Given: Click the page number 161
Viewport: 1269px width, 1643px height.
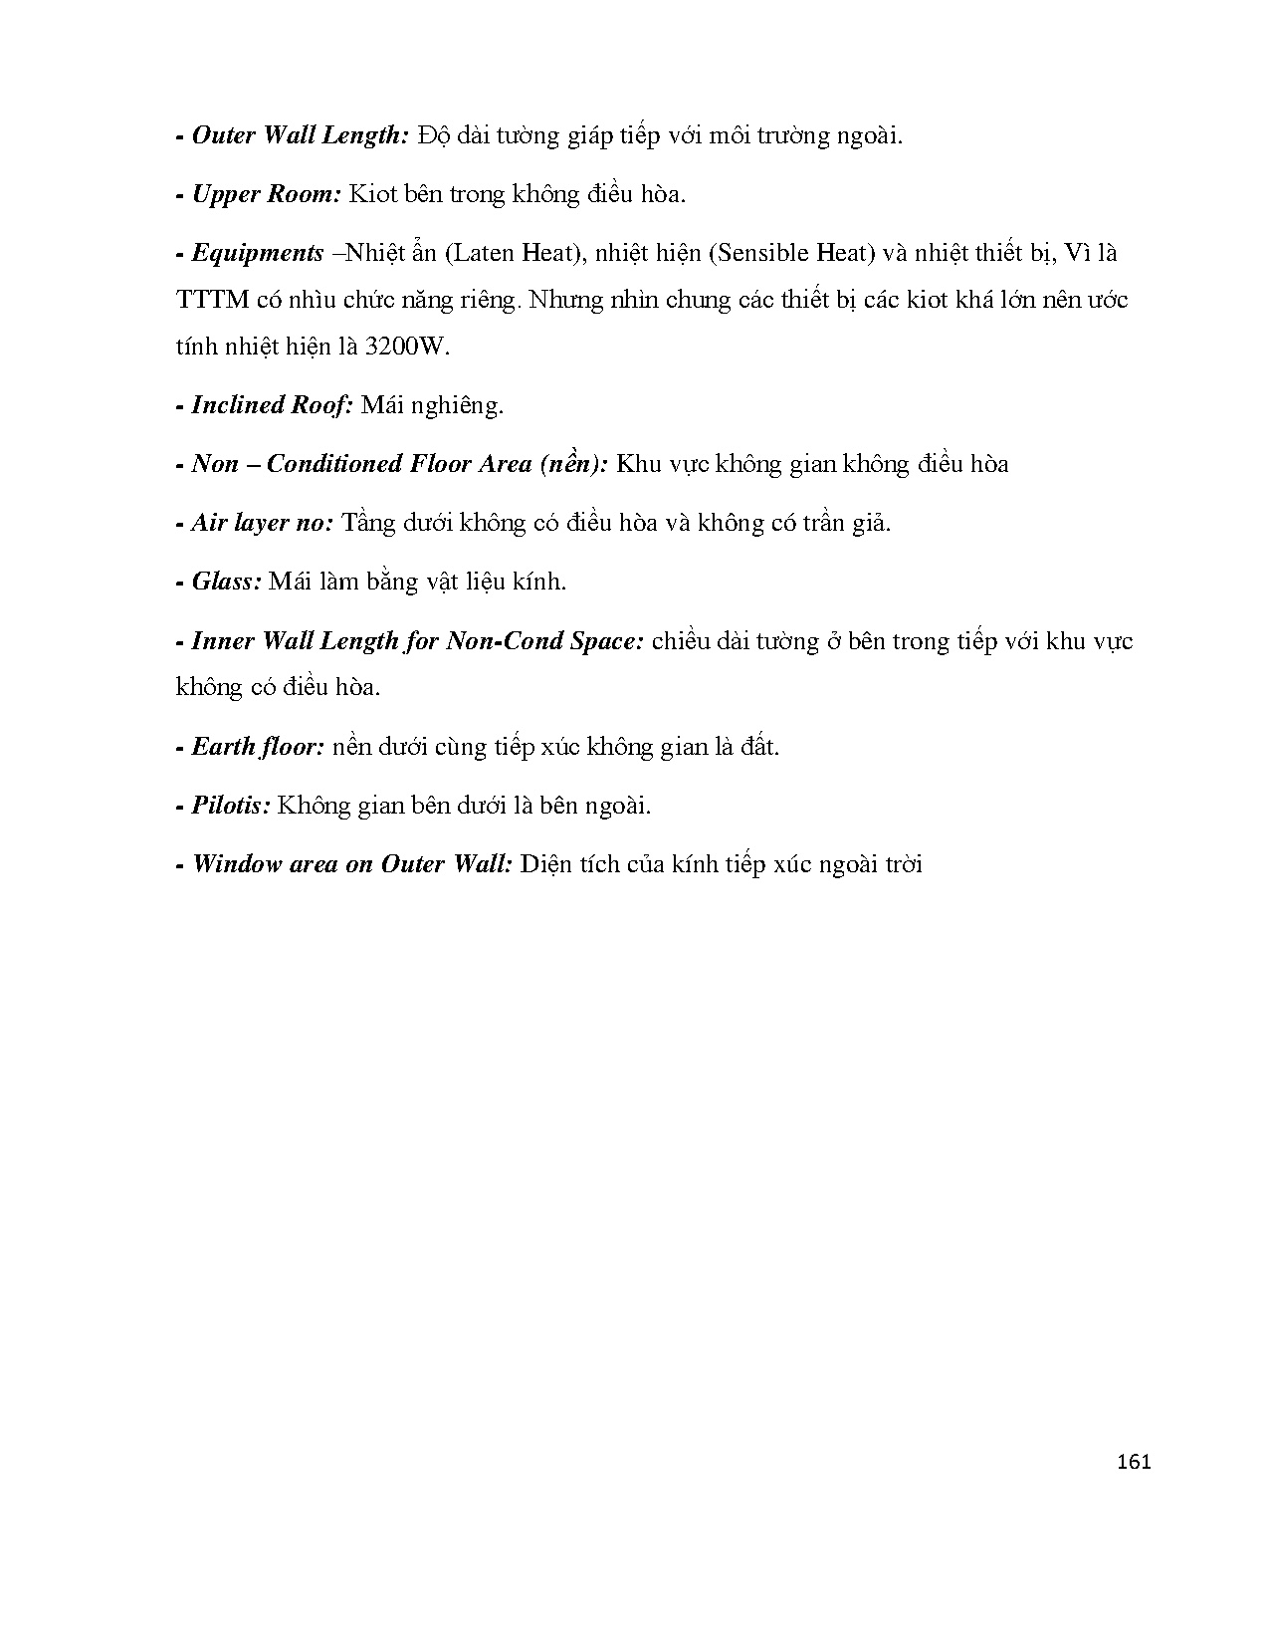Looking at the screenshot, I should point(1134,1463).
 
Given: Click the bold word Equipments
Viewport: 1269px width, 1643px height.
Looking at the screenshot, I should point(257,253).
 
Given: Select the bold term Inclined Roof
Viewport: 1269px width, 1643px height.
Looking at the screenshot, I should point(272,405).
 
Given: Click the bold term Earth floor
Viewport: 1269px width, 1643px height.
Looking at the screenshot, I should point(258,747).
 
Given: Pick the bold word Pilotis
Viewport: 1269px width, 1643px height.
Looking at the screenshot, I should point(230,806).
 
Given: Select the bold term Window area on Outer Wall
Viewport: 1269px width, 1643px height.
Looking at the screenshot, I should point(351,864).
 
